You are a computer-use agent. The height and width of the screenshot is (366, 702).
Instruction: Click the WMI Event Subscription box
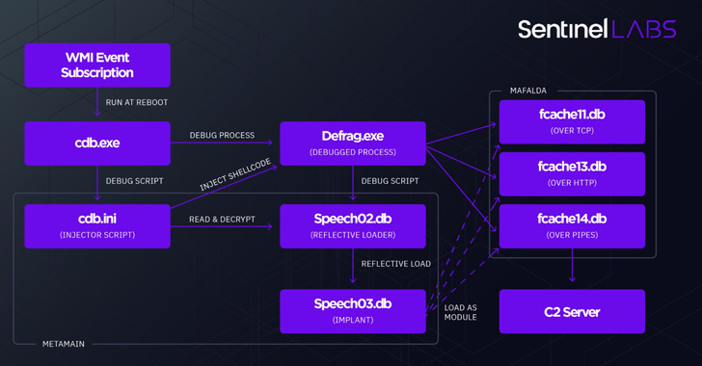(x=97, y=65)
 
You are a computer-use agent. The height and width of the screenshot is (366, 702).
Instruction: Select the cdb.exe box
(x=97, y=143)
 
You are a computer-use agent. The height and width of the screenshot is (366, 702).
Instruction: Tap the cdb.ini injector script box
(x=97, y=225)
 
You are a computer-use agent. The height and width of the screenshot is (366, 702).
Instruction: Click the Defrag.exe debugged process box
(x=352, y=143)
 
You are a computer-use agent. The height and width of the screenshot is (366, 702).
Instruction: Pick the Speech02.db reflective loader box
(x=352, y=225)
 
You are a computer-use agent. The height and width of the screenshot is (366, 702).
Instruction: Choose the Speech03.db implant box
(x=352, y=310)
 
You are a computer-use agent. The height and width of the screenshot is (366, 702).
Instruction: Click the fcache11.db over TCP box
(x=572, y=121)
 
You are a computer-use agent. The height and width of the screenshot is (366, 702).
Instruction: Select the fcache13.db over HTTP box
(x=572, y=173)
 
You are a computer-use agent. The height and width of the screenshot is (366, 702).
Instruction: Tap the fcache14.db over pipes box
(x=572, y=225)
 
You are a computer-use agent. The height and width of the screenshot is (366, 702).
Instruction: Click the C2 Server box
(x=572, y=312)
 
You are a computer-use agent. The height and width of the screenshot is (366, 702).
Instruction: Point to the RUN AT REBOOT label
(x=137, y=102)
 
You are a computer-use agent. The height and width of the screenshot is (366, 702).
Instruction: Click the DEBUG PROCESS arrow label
(x=222, y=135)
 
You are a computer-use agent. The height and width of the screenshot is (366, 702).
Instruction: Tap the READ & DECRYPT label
(x=222, y=219)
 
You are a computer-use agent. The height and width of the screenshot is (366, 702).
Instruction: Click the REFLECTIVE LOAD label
(x=395, y=263)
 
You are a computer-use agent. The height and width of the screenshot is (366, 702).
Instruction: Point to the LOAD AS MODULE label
(x=460, y=312)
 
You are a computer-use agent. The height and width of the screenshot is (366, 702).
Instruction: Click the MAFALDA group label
(x=527, y=91)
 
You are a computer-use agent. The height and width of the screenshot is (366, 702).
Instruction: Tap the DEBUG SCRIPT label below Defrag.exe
(x=390, y=180)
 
